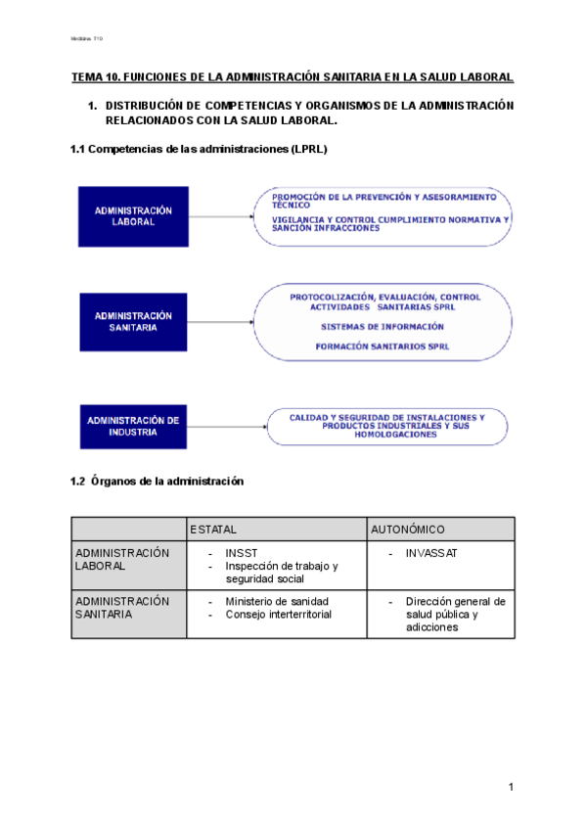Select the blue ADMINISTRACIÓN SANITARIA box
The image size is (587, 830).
coord(133,322)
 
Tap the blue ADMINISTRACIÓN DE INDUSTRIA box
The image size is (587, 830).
coord(133,426)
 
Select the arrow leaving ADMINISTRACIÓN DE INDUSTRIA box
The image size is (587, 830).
coord(225,426)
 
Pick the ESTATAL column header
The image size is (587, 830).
coord(213,530)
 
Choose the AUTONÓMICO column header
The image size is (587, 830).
coord(408,530)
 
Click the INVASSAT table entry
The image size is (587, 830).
coord(431,553)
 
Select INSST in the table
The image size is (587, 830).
coord(241,553)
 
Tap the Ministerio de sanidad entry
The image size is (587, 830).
coord(277,601)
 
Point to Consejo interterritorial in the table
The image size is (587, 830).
coord(278,614)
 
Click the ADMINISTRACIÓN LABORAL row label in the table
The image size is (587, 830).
coord(122,559)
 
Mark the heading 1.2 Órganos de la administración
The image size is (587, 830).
coord(157,482)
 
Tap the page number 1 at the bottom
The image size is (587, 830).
coord(511,788)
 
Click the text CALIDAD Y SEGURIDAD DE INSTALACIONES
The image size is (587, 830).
coord(386,417)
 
